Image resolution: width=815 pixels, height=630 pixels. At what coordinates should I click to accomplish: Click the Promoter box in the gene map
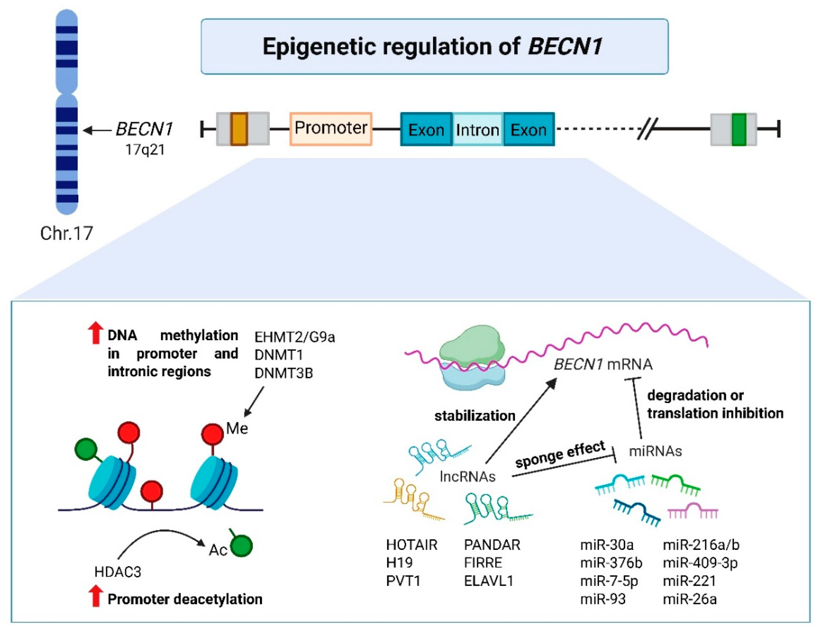pyautogui.click(x=331, y=129)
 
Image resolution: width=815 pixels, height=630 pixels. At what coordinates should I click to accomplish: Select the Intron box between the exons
pyautogui.click(x=478, y=130)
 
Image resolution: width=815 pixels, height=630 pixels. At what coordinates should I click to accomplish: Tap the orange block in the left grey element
pyautogui.click(x=239, y=129)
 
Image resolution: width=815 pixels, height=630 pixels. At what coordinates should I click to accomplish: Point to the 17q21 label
pyautogui.click(x=145, y=150)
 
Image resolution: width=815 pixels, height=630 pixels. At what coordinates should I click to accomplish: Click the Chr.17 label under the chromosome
pyautogui.click(x=66, y=233)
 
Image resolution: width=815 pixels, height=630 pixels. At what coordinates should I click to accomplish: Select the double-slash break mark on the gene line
pyautogui.click(x=647, y=129)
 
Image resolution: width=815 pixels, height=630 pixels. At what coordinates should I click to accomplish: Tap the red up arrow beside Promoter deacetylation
pyautogui.click(x=95, y=596)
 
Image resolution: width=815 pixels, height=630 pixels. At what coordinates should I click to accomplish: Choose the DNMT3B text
pyautogui.click(x=284, y=373)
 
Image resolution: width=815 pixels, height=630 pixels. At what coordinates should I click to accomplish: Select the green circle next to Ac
pyautogui.click(x=241, y=546)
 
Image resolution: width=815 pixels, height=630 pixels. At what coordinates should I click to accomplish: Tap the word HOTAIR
pyautogui.click(x=412, y=545)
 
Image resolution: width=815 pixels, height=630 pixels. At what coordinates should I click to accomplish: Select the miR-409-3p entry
pyautogui.click(x=700, y=563)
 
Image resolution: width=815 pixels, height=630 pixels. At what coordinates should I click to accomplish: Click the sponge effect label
pyautogui.click(x=560, y=454)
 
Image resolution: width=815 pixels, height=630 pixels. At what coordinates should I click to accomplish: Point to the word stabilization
pyautogui.click(x=475, y=415)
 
